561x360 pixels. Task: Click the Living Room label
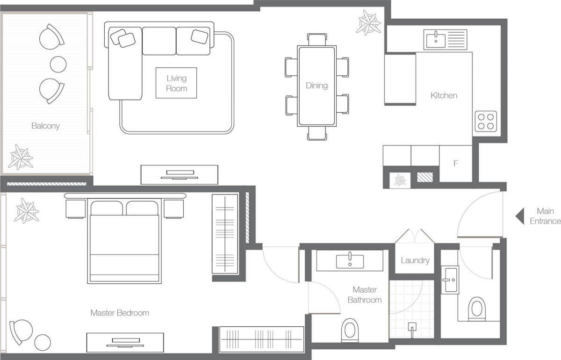pyautogui.click(x=176, y=83)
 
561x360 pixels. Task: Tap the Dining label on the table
pyautogui.click(x=316, y=86)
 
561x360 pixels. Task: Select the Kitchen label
pyautogui.click(x=444, y=95)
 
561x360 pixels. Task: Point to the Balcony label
pyautogui.click(x=45, y=126)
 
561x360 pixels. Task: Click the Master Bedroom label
pyautogui.click(x=120, y=313)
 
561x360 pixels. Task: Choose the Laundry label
pyautogui.click(x=415, y=260)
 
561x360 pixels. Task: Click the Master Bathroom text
pyautogui.click(x=364, y=295)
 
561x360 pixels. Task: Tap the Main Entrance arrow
pyautogui.click(x=519, y=216)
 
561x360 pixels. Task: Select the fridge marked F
pyautogui.click(x=456, y=164)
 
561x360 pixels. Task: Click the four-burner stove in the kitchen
pyautogui.click(x=486, y=121)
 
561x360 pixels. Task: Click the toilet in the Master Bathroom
pyautogui.click(x=350, y=330)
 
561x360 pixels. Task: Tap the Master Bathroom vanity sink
pyautogui.click(x=349, y=260)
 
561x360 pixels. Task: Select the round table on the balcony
pyautogui.click(x=58, y=64)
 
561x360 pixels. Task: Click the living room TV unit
pyautogui.click(x=180, y=174)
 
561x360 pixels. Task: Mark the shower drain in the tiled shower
pyautogui.click(x=412, y=327)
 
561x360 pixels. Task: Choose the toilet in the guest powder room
pyautogui.click(x=477, y=309)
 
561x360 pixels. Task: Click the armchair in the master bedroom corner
pyautogui.click(x=22, y=331)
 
